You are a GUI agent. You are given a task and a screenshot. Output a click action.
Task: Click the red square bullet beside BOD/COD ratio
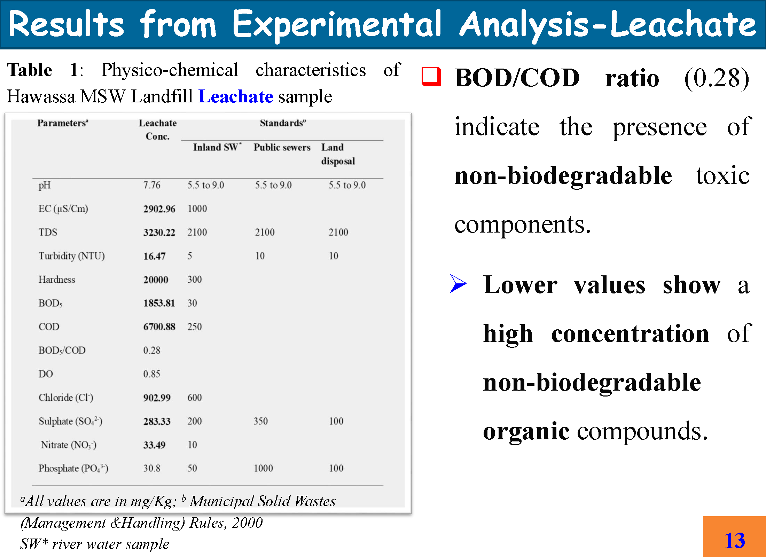[431, 76]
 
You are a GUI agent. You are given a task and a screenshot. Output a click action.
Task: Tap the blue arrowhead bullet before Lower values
[458, 283]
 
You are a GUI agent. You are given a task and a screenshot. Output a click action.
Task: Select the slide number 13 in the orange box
[735, 541]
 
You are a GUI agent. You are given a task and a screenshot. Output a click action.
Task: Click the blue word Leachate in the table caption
[236, 96]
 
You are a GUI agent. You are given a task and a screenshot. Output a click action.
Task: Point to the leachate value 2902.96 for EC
[159, 209]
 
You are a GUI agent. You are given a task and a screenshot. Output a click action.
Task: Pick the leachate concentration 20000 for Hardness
[156, 280]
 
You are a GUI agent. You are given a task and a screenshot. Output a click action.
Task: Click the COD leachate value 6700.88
[159, 327]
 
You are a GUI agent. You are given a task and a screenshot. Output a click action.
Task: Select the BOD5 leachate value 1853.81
[159, 303]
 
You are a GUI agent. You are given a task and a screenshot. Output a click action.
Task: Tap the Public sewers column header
[282, 147]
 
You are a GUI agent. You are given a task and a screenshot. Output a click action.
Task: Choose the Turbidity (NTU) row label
[72, 256]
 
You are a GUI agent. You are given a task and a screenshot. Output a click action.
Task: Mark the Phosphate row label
[73, 469]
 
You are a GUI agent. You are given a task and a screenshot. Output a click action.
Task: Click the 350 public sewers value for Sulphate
[261, 421]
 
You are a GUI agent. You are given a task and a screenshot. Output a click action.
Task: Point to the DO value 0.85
[152, 374]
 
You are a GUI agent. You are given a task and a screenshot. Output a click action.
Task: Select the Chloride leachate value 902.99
[157, 398]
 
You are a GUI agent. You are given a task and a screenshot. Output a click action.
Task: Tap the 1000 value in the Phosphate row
[263, 468]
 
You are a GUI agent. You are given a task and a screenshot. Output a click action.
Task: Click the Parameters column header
[63, 123]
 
